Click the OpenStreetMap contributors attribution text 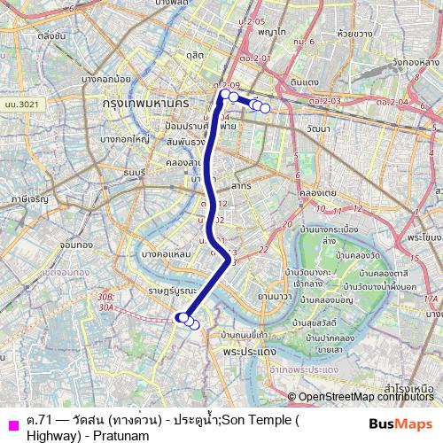[x=367, y=398]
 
